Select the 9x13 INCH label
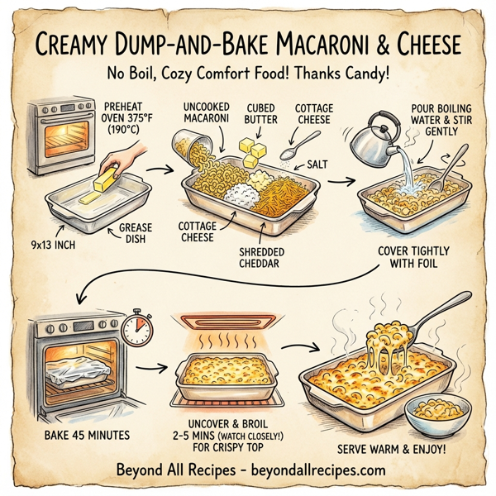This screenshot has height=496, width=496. [51, 245]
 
